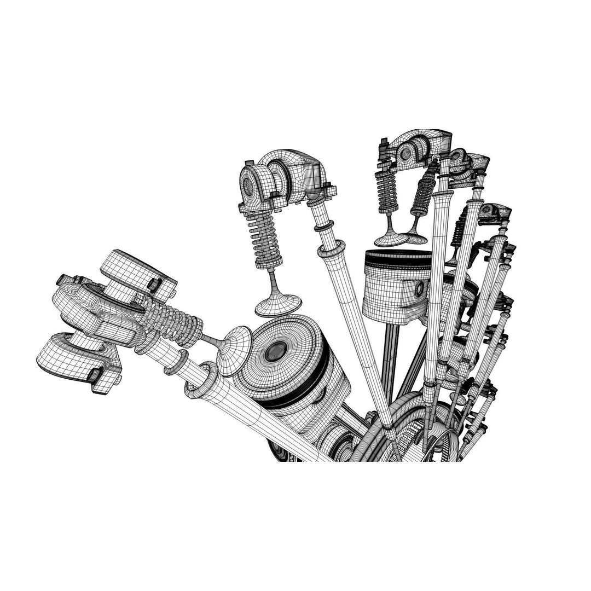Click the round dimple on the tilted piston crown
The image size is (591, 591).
[277, 351]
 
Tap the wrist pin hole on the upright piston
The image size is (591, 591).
[420, 288]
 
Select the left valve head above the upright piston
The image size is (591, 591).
[390, 239]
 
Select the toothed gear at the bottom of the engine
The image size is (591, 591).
[432, 438]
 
